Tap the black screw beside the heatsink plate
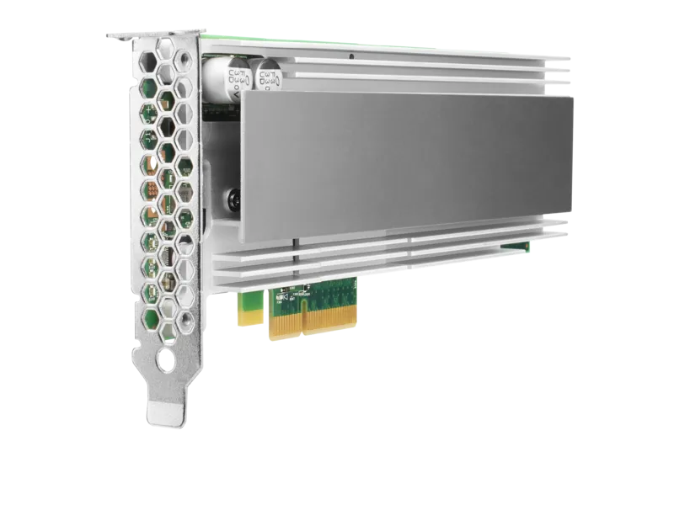coord(228,199)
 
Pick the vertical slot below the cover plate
coord(296,243)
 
